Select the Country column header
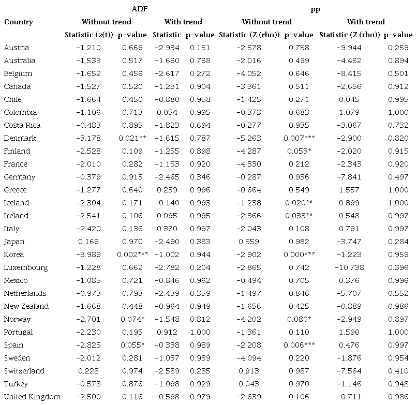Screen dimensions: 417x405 point(19,22)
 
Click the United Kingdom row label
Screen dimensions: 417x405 point(32,397)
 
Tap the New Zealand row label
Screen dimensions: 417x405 point(26,306)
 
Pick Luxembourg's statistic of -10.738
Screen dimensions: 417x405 point(350,267)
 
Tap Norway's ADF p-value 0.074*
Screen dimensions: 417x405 point(131,319)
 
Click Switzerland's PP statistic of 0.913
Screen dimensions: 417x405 point(251,371)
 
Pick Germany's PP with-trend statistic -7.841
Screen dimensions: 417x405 point(350,177)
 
